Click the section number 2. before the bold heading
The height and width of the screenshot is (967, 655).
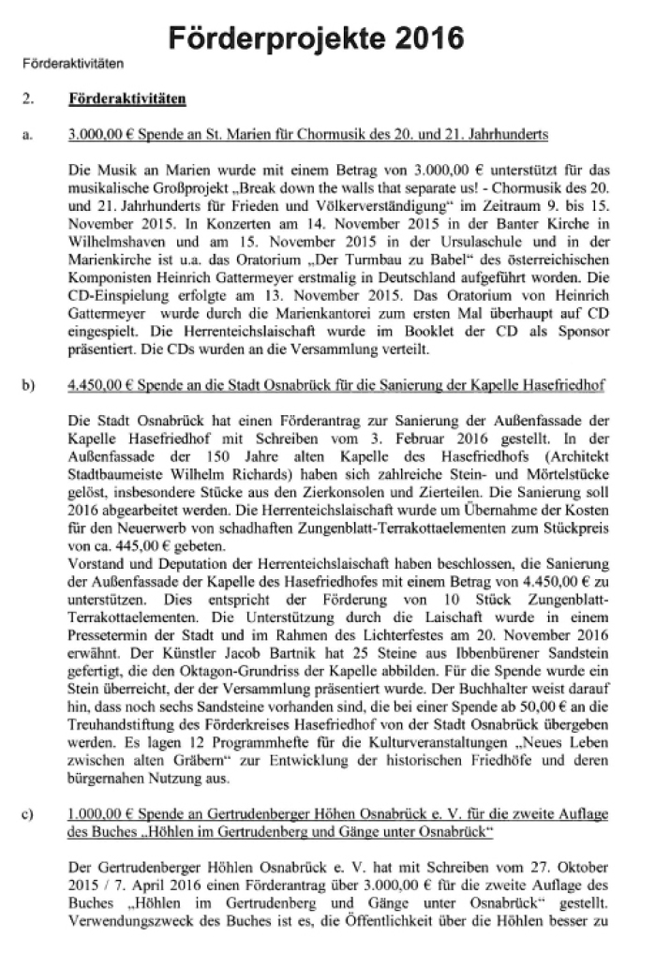(x=28, y=97)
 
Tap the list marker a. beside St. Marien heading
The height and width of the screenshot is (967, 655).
(x=27, y=135)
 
